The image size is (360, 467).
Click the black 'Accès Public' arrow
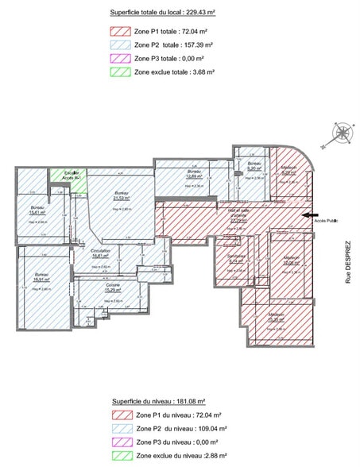point(310,214)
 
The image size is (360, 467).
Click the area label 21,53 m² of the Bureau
point(122,198)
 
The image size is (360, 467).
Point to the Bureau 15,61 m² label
point(37,212)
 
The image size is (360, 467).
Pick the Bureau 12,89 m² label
point(195,176)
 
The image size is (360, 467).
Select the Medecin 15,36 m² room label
point(276,318)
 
